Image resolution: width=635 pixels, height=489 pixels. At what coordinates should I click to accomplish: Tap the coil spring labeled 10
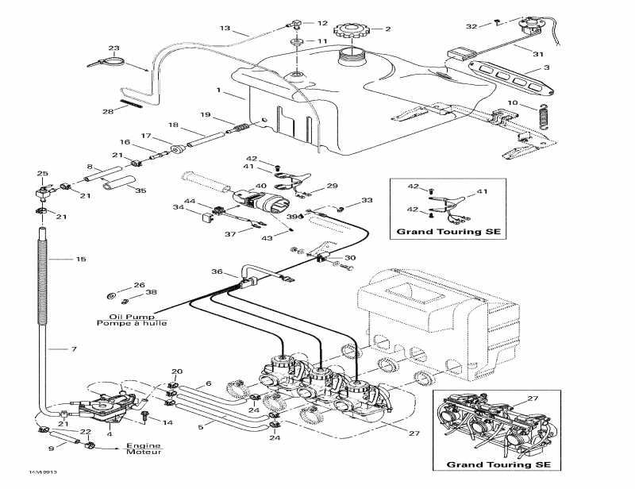[x=544, y=116]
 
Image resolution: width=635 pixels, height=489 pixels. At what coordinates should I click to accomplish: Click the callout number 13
[x=225, y=29]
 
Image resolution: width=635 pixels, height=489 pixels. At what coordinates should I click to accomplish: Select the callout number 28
[x=109, y=111]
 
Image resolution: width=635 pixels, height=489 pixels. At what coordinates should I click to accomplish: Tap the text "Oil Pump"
[x=114, y=315]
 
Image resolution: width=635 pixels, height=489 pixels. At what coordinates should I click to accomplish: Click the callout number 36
[x=217, y=272]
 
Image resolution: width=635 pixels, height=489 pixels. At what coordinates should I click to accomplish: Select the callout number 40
[x=260, y=187]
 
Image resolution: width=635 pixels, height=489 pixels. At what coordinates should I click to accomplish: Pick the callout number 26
[x=139, y=285]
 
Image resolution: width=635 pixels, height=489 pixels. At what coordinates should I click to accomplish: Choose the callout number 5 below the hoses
[x=200, y=427]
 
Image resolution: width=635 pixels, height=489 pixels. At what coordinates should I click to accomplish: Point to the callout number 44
[x=190, y=200]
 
